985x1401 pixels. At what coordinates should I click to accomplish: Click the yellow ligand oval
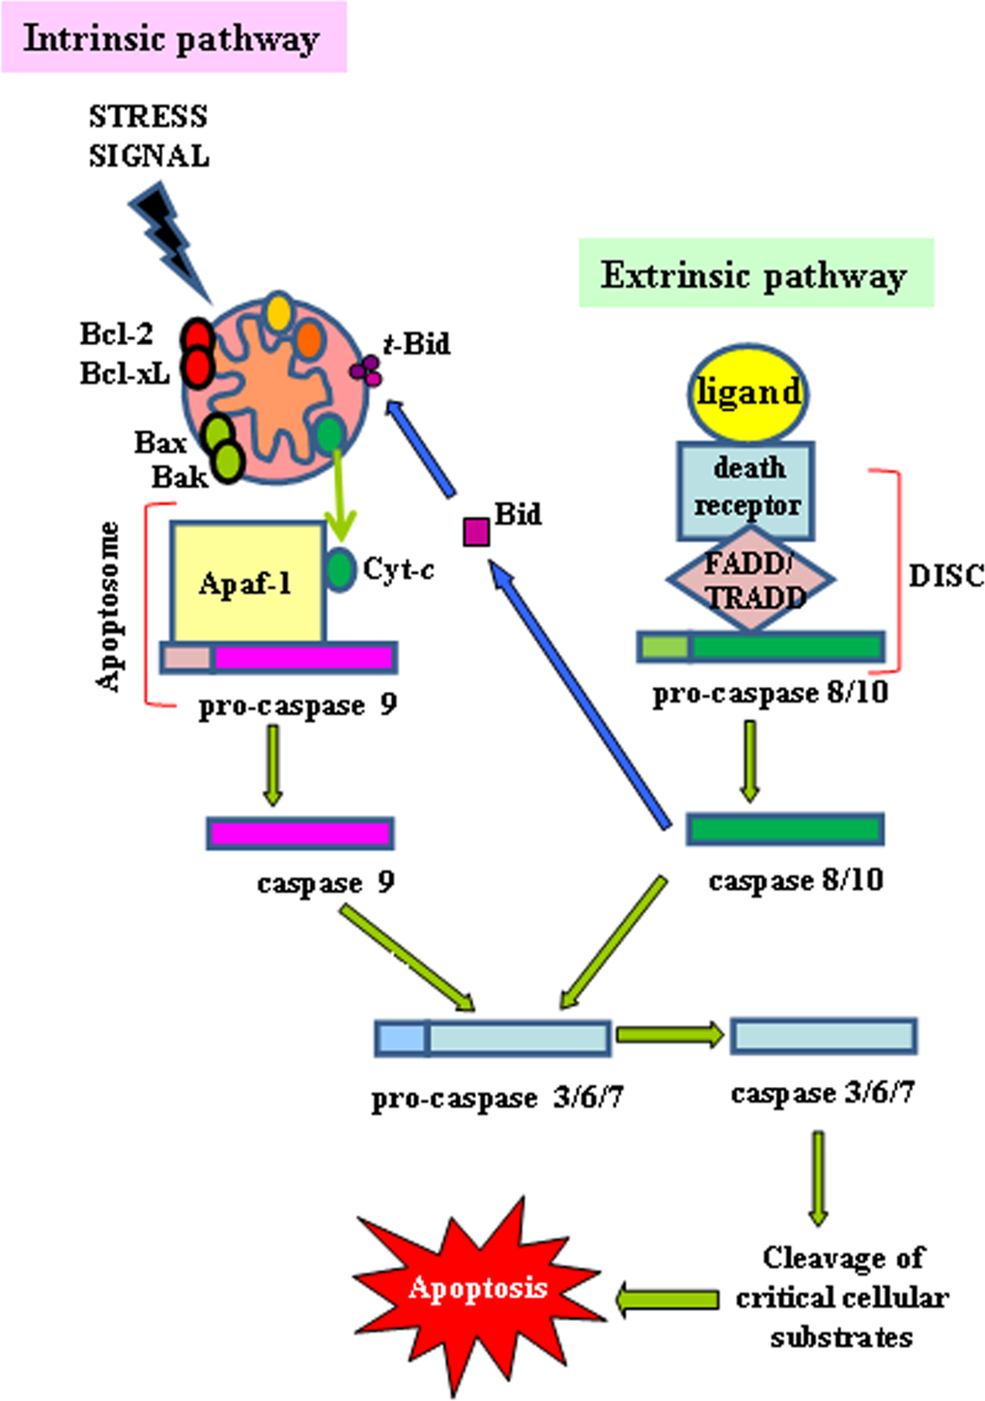click(748, 392)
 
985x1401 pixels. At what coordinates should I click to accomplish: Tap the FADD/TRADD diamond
click(749, 580)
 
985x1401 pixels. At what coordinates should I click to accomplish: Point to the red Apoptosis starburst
click(478, 1289)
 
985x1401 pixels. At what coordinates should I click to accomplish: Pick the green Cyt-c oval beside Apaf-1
click(340, 568)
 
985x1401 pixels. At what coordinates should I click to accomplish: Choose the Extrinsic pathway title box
click(755, 274)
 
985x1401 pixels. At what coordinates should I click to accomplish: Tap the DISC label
click(946, 576)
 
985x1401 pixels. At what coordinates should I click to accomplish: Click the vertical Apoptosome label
click(109, 607)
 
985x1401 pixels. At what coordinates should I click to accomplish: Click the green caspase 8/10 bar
click(784, 829)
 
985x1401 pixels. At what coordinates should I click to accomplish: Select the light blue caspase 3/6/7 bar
click(823, 1035)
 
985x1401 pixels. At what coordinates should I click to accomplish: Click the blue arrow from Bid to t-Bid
click(421, 448)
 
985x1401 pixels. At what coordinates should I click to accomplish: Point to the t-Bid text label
click(416, 344)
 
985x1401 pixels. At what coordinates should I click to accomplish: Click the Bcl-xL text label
click(124, 373)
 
